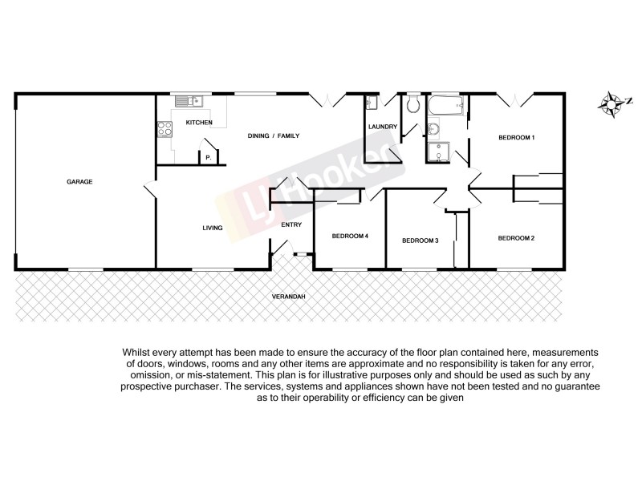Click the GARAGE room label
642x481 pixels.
[x=79, y=182]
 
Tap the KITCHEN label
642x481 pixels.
[x=199, y=122]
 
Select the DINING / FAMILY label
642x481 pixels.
[x=273, y=136]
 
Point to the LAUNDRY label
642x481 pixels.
[x=383, y=127]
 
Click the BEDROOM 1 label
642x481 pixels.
[x=516, y=138]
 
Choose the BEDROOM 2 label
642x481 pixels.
[x=516, y=238]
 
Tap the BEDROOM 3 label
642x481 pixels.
[x=420, y=240]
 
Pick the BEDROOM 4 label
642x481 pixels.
[x=350, y=236]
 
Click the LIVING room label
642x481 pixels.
[x=212, y=228]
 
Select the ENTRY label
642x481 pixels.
[x=291, y=224]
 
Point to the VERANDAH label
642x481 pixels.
[x=287, y=297]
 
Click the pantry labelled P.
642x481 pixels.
[x=208, y=157]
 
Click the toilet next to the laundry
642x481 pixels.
[x=413, y=105]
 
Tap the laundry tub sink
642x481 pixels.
[x=371, y=103]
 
